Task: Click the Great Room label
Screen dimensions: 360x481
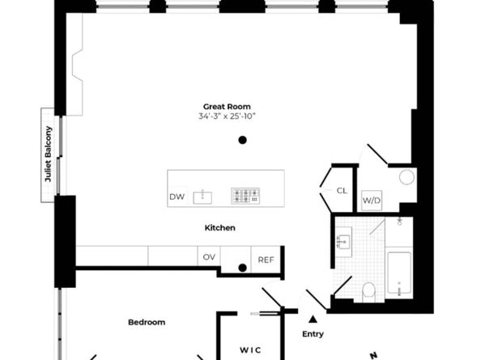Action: coord(227,107)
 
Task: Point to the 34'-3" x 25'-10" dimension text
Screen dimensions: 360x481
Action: coord(227,117)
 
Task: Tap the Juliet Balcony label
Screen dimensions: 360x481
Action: coord(49,155)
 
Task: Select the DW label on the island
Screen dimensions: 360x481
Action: coord(177,197)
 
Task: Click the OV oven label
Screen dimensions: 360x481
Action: coord(209,257)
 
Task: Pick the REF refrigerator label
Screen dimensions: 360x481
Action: coord(266,260)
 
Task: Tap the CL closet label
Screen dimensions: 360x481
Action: coord(342,191)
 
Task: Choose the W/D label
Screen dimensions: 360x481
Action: coord(371,200)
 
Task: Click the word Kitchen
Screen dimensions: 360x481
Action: coord(219,228)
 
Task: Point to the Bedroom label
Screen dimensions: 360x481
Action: coord(147,322)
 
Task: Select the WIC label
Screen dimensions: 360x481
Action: coord(249,349)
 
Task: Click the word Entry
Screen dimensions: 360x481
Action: coord(313,334)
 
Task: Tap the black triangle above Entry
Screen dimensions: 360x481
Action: coord(313,318)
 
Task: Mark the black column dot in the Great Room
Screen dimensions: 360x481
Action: coord(242,140)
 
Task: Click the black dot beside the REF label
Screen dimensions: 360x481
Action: coord(242,268)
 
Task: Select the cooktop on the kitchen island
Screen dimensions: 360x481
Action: coord(245,195)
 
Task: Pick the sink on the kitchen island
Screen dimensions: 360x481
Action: coord(206,196)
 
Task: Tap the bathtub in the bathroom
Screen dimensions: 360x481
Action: coord(399,275)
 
